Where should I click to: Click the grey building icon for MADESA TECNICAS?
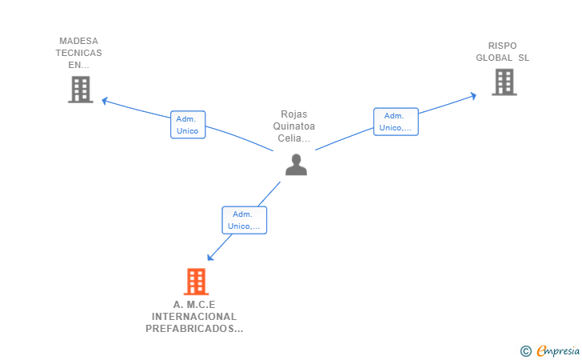coord(80,90)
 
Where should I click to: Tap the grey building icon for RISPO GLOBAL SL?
coord(504,82)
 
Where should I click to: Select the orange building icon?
coord(196,282)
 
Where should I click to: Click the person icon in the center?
coord(296,165)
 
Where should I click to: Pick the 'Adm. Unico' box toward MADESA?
coord(188,125)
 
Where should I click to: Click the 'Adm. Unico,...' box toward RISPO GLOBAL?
coord(396,122)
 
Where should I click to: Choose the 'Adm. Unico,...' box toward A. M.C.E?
coord(244,220)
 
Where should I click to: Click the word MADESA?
coord(78,41)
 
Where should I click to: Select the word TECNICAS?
coord(78,53)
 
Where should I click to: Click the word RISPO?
coord(503,46)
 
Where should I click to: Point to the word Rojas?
coord(294,114)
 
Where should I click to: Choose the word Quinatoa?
coord(294,126)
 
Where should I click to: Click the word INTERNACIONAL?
coord(194,317)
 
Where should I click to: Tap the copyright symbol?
coord(525,350)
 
